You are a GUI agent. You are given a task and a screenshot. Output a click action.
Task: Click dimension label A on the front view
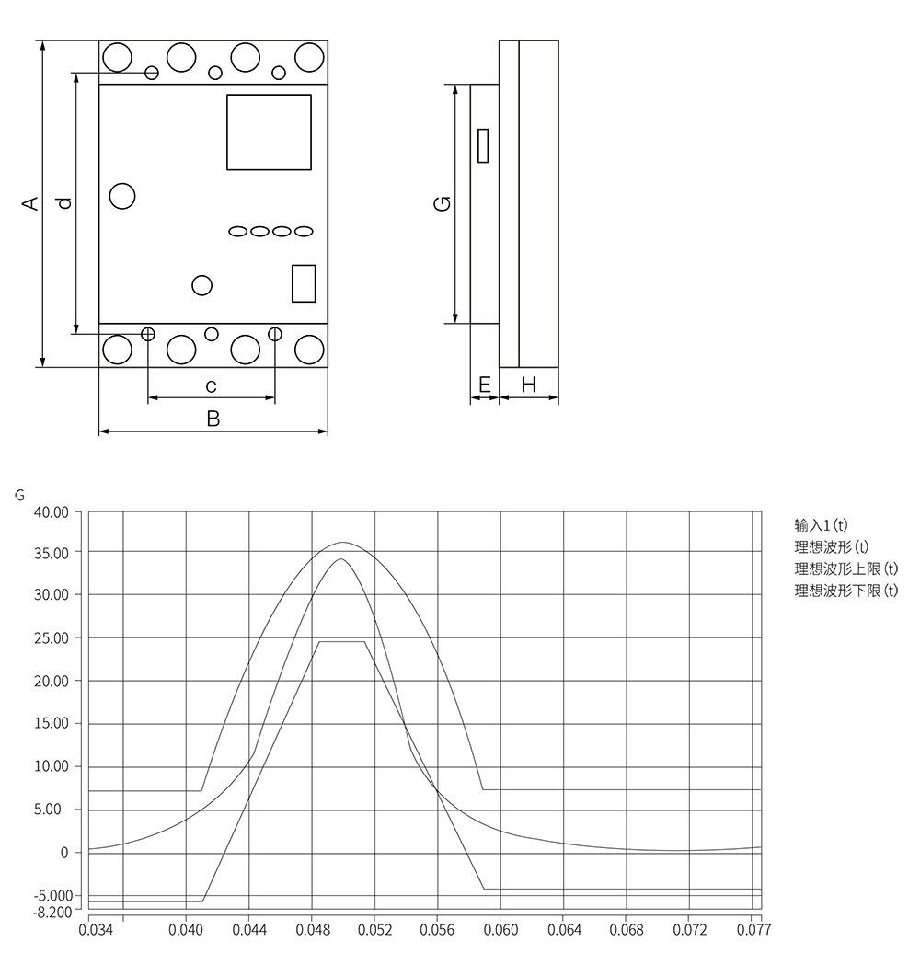point(30,203)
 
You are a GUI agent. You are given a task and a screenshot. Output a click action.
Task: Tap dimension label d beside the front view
point(64,203)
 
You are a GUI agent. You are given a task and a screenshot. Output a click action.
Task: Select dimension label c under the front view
point(211,386)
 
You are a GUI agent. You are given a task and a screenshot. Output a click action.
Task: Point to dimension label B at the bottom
point(213,419)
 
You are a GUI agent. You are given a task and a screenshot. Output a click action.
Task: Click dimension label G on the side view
point(442,203)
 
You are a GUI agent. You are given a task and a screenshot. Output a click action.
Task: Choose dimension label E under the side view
point(485,385)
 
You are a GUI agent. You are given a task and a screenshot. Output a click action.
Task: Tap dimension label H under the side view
point(528,385)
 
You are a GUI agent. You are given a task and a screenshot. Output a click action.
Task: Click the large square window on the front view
point(269,132)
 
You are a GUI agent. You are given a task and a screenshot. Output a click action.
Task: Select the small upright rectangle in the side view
point(483,145)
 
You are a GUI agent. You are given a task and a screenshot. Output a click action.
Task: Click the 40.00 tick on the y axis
point(51,512)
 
